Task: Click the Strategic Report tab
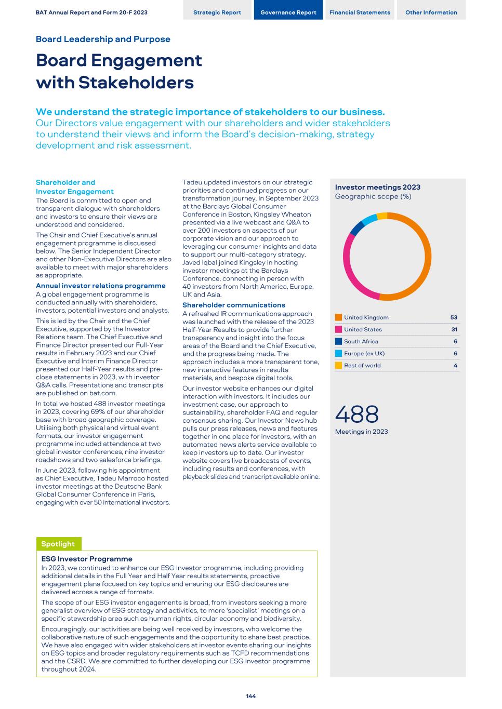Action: click(217, 12)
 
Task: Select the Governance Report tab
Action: click(288, 12)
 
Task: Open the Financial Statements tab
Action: click(360, 12)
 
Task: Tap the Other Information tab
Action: click(431, 12)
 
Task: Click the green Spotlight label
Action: click(58, 544)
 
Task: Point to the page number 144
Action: click(251, 696)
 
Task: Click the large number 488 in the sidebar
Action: click(357, 414)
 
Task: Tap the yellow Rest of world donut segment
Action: click(382, 216)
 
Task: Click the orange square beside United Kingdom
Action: click(339, 317)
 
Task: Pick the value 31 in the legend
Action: click(454, 329)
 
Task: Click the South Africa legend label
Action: click(361, 341)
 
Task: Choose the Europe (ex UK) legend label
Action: click(364, 353)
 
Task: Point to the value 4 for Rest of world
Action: click(455, 365)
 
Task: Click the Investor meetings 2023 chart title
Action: click(378, 187)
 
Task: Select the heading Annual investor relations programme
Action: click(101, 286)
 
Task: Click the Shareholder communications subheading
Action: click(234, 305)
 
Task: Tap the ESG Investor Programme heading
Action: click(87, 559)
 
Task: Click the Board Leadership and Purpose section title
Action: click(103, 39)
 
